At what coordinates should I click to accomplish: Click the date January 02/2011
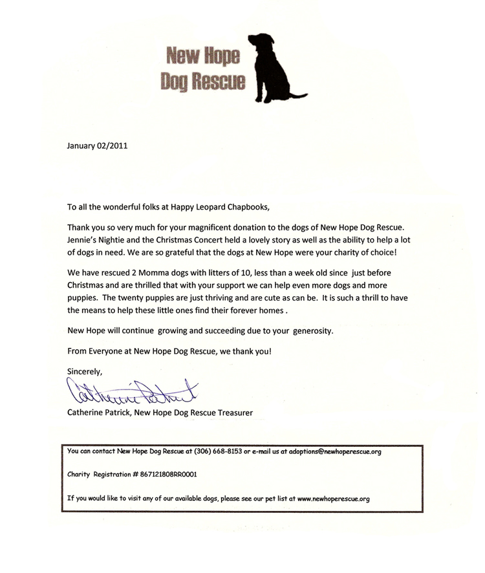[98, 145]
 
